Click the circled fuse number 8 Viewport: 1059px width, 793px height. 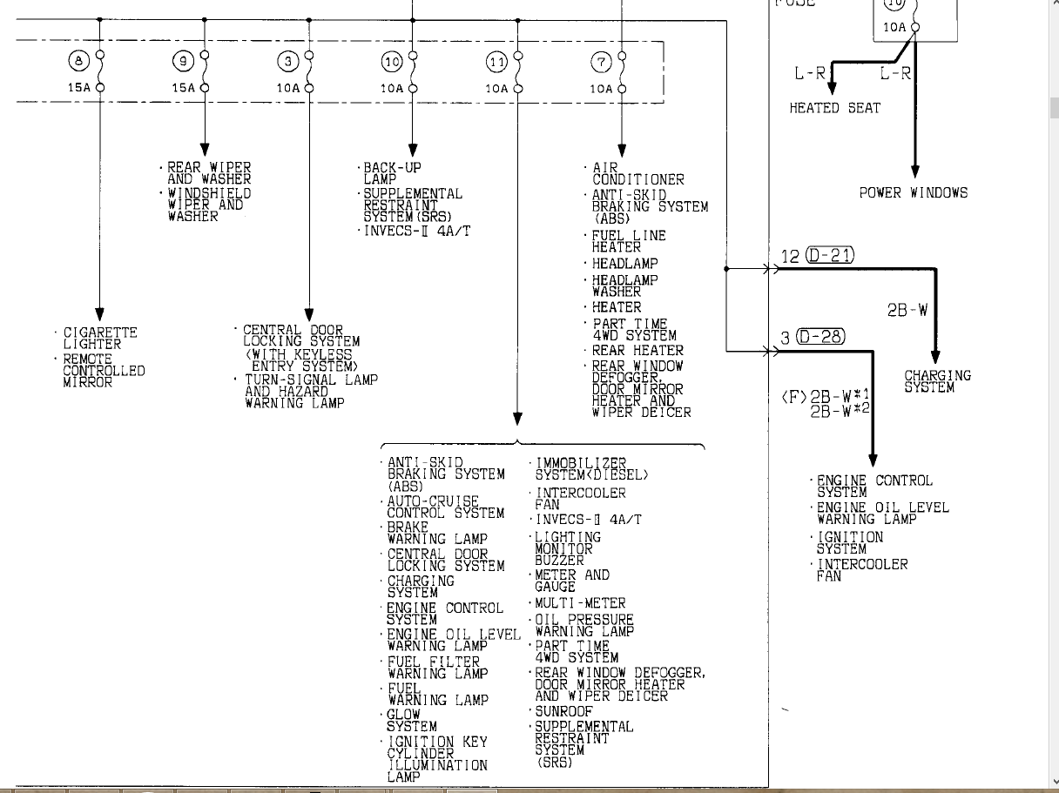[79, 61]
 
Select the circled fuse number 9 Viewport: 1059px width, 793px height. [184, 61]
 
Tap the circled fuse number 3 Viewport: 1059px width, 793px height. [288, 62]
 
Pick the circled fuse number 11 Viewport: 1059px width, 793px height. [497, 62]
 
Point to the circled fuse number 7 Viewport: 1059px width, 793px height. [601, 62]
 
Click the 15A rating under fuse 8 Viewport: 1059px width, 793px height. [79, 88]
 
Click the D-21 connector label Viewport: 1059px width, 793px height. [830, 255]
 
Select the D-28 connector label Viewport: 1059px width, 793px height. [820, 337]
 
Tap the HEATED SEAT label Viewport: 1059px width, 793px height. [834, 108]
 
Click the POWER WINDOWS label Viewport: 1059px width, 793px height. [914, 193]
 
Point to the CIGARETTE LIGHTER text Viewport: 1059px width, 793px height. [100, 339]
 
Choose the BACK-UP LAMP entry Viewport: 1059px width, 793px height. [392, 173]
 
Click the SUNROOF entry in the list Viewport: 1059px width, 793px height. [563, 711]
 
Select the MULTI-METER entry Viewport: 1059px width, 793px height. [580, 603]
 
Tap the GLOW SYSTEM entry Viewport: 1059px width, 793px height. [412, 721]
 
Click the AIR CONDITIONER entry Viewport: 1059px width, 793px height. [637, 174]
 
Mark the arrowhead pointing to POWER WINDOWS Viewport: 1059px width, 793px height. [914, 171]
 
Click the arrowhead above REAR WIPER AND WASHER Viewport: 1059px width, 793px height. [205, 150]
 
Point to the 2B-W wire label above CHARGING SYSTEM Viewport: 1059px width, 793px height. [907, 310]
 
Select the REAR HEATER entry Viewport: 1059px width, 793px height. [637, 351]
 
